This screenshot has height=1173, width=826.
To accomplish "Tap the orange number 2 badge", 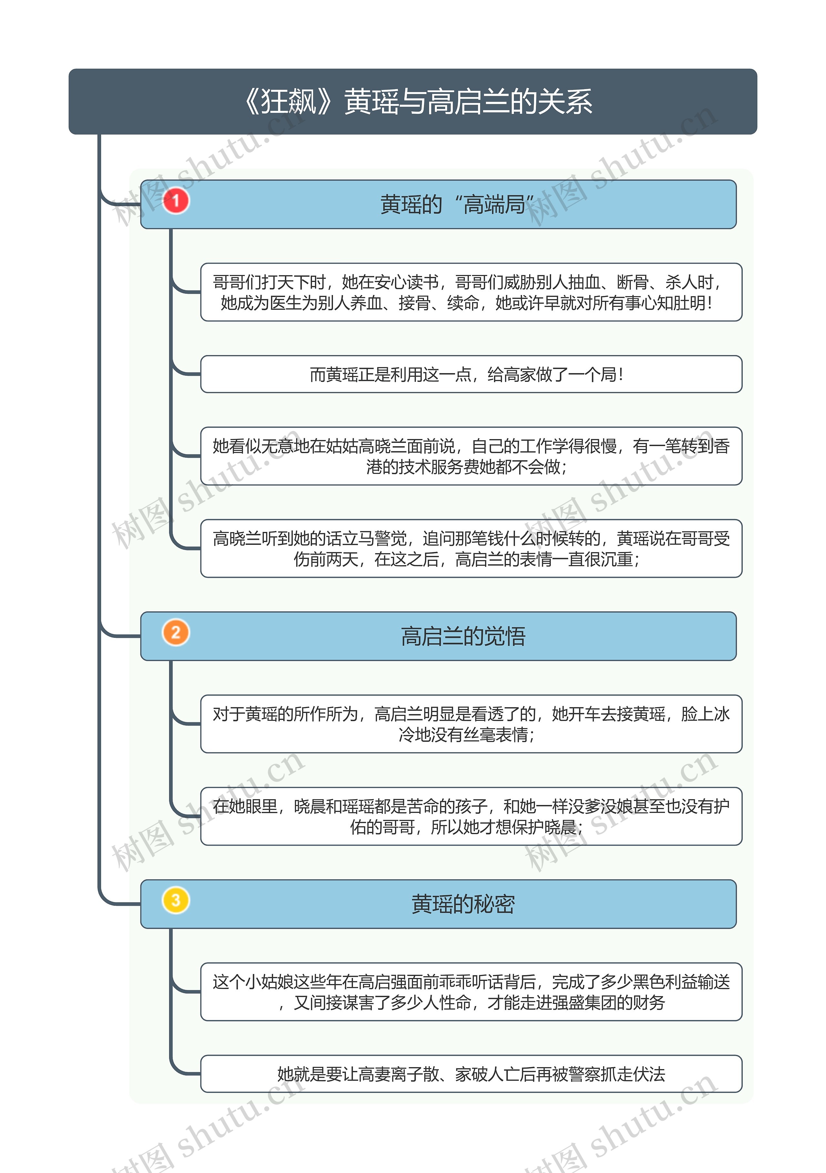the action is pos(176,632).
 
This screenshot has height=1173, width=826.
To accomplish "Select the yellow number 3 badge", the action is pos(176,900).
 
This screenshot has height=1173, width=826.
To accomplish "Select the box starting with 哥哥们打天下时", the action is pos(471,292).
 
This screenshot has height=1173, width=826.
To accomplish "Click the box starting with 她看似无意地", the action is pos(471,456).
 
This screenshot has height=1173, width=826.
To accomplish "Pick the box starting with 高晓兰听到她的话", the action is pos(471,549).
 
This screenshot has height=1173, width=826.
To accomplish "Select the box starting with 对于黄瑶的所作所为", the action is pos(471,724).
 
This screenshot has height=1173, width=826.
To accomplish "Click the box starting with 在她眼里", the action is pos(471,816).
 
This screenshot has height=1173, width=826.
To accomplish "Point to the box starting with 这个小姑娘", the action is pos(471,992).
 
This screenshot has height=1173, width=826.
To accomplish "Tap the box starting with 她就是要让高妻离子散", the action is pos(471,1074).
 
